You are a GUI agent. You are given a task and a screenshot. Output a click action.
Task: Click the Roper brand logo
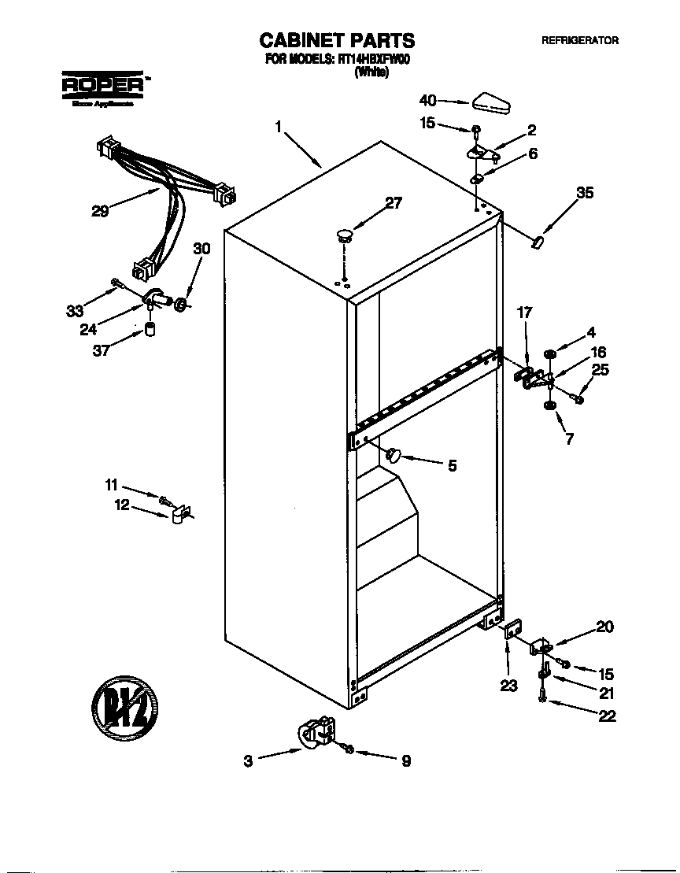coord(102,84)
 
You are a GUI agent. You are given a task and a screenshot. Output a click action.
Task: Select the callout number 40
coord(427,100)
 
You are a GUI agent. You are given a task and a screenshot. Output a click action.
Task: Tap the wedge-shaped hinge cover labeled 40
coord(491,101)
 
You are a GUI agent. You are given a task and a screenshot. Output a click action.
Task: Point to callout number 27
coord(394,203)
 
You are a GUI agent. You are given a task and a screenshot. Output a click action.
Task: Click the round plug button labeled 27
coord(345,232)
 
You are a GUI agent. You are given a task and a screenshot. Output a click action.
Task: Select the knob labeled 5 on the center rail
coord(394,453)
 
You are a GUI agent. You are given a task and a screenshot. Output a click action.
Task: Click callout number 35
coord(585,192)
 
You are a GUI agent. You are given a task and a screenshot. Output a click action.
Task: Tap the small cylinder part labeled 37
coord(148,329)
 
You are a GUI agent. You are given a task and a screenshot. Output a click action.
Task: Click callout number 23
coord(508,686)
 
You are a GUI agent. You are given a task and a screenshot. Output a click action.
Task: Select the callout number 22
coord(606,716)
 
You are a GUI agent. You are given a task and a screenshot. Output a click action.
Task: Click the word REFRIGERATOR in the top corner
coord(579,41)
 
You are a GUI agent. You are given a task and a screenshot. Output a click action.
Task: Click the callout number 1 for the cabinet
coord(278,126)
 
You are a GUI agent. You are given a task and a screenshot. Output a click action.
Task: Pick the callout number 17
coord(524,313)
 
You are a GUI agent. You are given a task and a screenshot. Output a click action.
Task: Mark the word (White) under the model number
coord(371,72)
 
